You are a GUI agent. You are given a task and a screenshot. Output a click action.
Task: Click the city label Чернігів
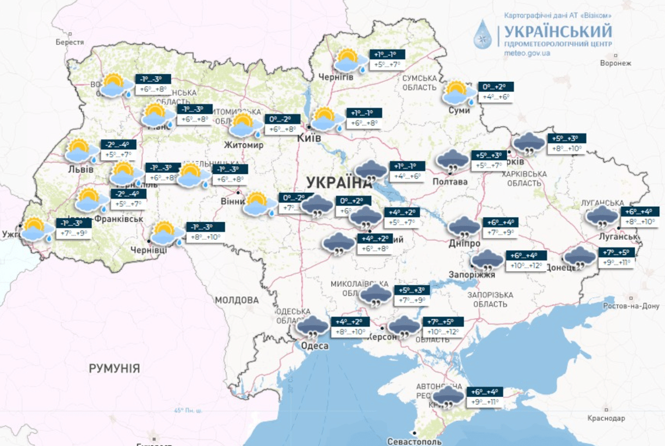(336, 77)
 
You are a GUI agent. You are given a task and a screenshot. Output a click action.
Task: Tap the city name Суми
(459, 110)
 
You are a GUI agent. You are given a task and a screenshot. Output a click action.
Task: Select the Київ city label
(309, 138)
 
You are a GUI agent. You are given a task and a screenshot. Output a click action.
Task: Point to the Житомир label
(245, 145)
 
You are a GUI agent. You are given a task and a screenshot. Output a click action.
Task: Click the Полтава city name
(450, 182)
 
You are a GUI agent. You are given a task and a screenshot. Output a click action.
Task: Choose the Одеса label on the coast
(314, 346)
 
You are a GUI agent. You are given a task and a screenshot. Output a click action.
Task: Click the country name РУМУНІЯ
(114, 368)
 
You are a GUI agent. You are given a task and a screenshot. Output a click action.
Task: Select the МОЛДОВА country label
(237, 300)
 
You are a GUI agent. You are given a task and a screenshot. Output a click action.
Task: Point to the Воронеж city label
(615, 63)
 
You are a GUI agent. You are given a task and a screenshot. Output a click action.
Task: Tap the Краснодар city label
(606, 418)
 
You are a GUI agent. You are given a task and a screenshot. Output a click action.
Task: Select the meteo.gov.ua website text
(527, 53)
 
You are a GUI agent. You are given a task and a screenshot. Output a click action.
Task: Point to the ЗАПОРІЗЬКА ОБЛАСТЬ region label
(489, 299)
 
